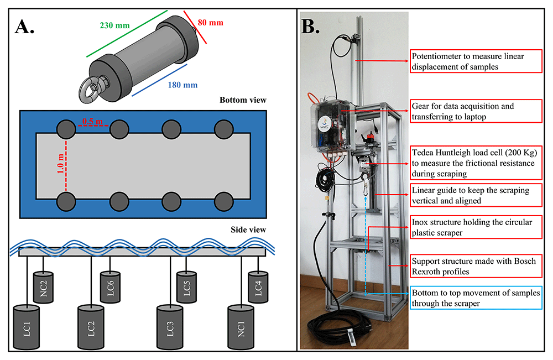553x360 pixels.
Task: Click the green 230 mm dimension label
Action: coord(114,25)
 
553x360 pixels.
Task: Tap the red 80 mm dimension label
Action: coord(210,23)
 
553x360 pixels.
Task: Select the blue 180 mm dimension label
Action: coord(182,85)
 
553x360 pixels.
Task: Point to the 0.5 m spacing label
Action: coord(92,121)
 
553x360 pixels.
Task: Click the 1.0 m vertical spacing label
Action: coord(61,163)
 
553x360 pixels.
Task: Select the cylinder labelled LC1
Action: coord(27,327)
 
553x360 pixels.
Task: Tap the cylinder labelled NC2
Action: coord(43,288)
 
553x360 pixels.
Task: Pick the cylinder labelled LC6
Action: coord(111,287)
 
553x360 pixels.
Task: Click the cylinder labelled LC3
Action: coord(170,327)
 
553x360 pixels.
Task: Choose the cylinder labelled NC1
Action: coord(241,327)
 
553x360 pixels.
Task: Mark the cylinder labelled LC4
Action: coord(258,287)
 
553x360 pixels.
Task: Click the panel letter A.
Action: coord(24,27)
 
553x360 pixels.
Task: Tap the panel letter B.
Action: coord(310,26)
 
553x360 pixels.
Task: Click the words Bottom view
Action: coord(243,100)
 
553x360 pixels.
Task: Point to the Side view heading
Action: coord(248,230)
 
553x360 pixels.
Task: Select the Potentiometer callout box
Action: coord(476,61)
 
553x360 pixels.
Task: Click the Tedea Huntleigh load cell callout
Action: coord(476,163)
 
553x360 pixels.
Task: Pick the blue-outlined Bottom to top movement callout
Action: coord(476,298)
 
